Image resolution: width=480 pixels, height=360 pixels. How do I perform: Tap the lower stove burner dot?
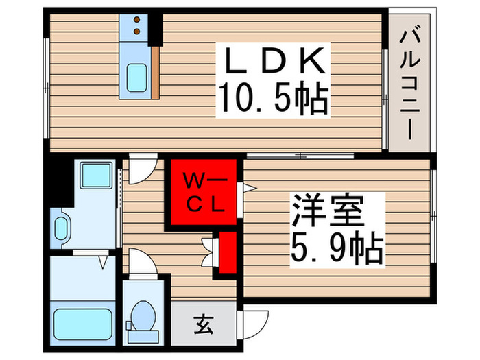[136, 32]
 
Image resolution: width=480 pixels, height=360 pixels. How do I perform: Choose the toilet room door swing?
[141, 263]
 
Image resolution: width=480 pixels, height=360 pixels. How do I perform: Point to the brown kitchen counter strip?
[155, 72]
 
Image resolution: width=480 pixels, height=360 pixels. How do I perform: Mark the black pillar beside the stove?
[156, 27]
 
